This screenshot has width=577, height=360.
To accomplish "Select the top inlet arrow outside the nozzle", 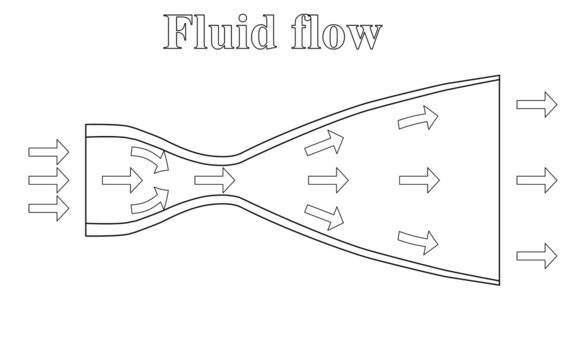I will click(48, 152).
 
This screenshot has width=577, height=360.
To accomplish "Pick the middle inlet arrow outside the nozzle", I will click(48, 181).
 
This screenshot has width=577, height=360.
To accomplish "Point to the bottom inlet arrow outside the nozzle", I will click(48, 210).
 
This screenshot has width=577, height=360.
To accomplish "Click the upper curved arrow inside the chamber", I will click(149, 157).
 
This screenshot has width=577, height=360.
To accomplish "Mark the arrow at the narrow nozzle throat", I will click(214, 181).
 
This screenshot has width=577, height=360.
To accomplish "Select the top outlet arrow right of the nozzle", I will click(535, 104).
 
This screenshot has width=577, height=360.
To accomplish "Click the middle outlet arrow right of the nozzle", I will click(535, 180).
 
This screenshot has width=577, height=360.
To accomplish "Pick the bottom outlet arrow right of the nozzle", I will click(535, 253).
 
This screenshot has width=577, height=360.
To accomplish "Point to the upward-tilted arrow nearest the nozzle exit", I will click(418, 119).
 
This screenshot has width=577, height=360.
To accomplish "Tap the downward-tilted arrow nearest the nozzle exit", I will click(419, 240).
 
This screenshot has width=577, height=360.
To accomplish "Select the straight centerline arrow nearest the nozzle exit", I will click(419, 181).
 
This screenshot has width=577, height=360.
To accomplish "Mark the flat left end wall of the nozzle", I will click(85, 180).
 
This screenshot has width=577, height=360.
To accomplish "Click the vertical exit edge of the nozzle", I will click(499, 180).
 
